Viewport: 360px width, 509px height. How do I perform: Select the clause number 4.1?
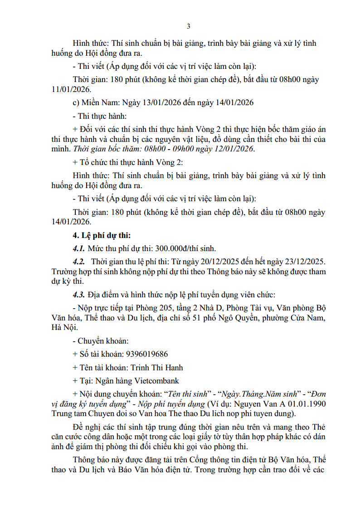79,248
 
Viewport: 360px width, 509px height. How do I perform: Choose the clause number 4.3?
79,295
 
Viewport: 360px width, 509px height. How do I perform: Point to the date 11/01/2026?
71,90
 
